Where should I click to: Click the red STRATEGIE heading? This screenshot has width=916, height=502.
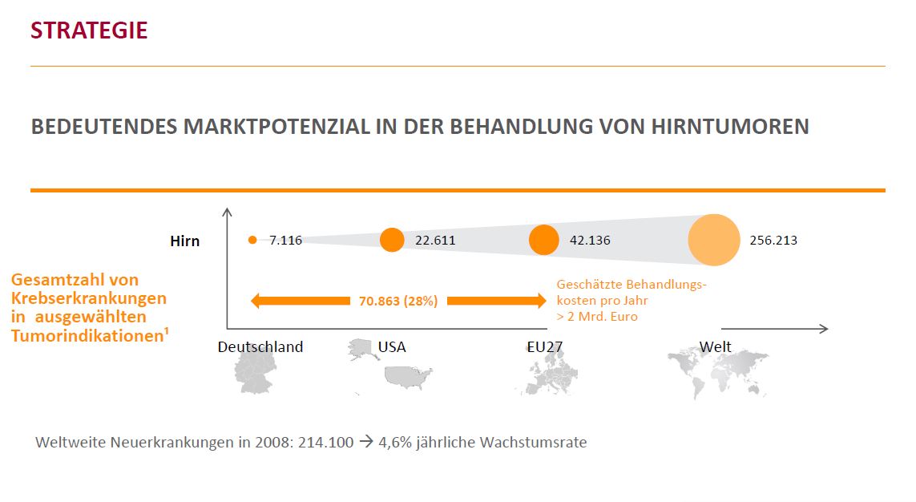(89, 30)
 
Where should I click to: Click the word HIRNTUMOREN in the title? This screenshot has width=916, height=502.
(736, 127)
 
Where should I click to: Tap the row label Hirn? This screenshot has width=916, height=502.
(185, 241)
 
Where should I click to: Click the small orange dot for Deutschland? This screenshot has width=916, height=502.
(252, 240)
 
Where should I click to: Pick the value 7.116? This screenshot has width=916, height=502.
(285, 240)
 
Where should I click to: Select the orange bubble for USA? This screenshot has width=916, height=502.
(392, 240)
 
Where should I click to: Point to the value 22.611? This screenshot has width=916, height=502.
(435, 240)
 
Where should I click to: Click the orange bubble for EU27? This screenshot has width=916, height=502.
(544, 240)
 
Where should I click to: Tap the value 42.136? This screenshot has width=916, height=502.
(589, 240)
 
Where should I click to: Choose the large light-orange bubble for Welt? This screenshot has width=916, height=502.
(714, 240)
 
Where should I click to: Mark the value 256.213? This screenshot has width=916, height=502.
(773, 240)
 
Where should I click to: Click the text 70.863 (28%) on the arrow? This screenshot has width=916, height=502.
(398, 302)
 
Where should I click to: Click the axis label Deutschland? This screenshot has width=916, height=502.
(260, 347)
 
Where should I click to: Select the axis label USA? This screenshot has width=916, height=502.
(392, 347)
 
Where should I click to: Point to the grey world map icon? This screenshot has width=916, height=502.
(717, 373)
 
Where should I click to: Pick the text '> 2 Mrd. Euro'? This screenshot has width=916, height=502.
(597, 317)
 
